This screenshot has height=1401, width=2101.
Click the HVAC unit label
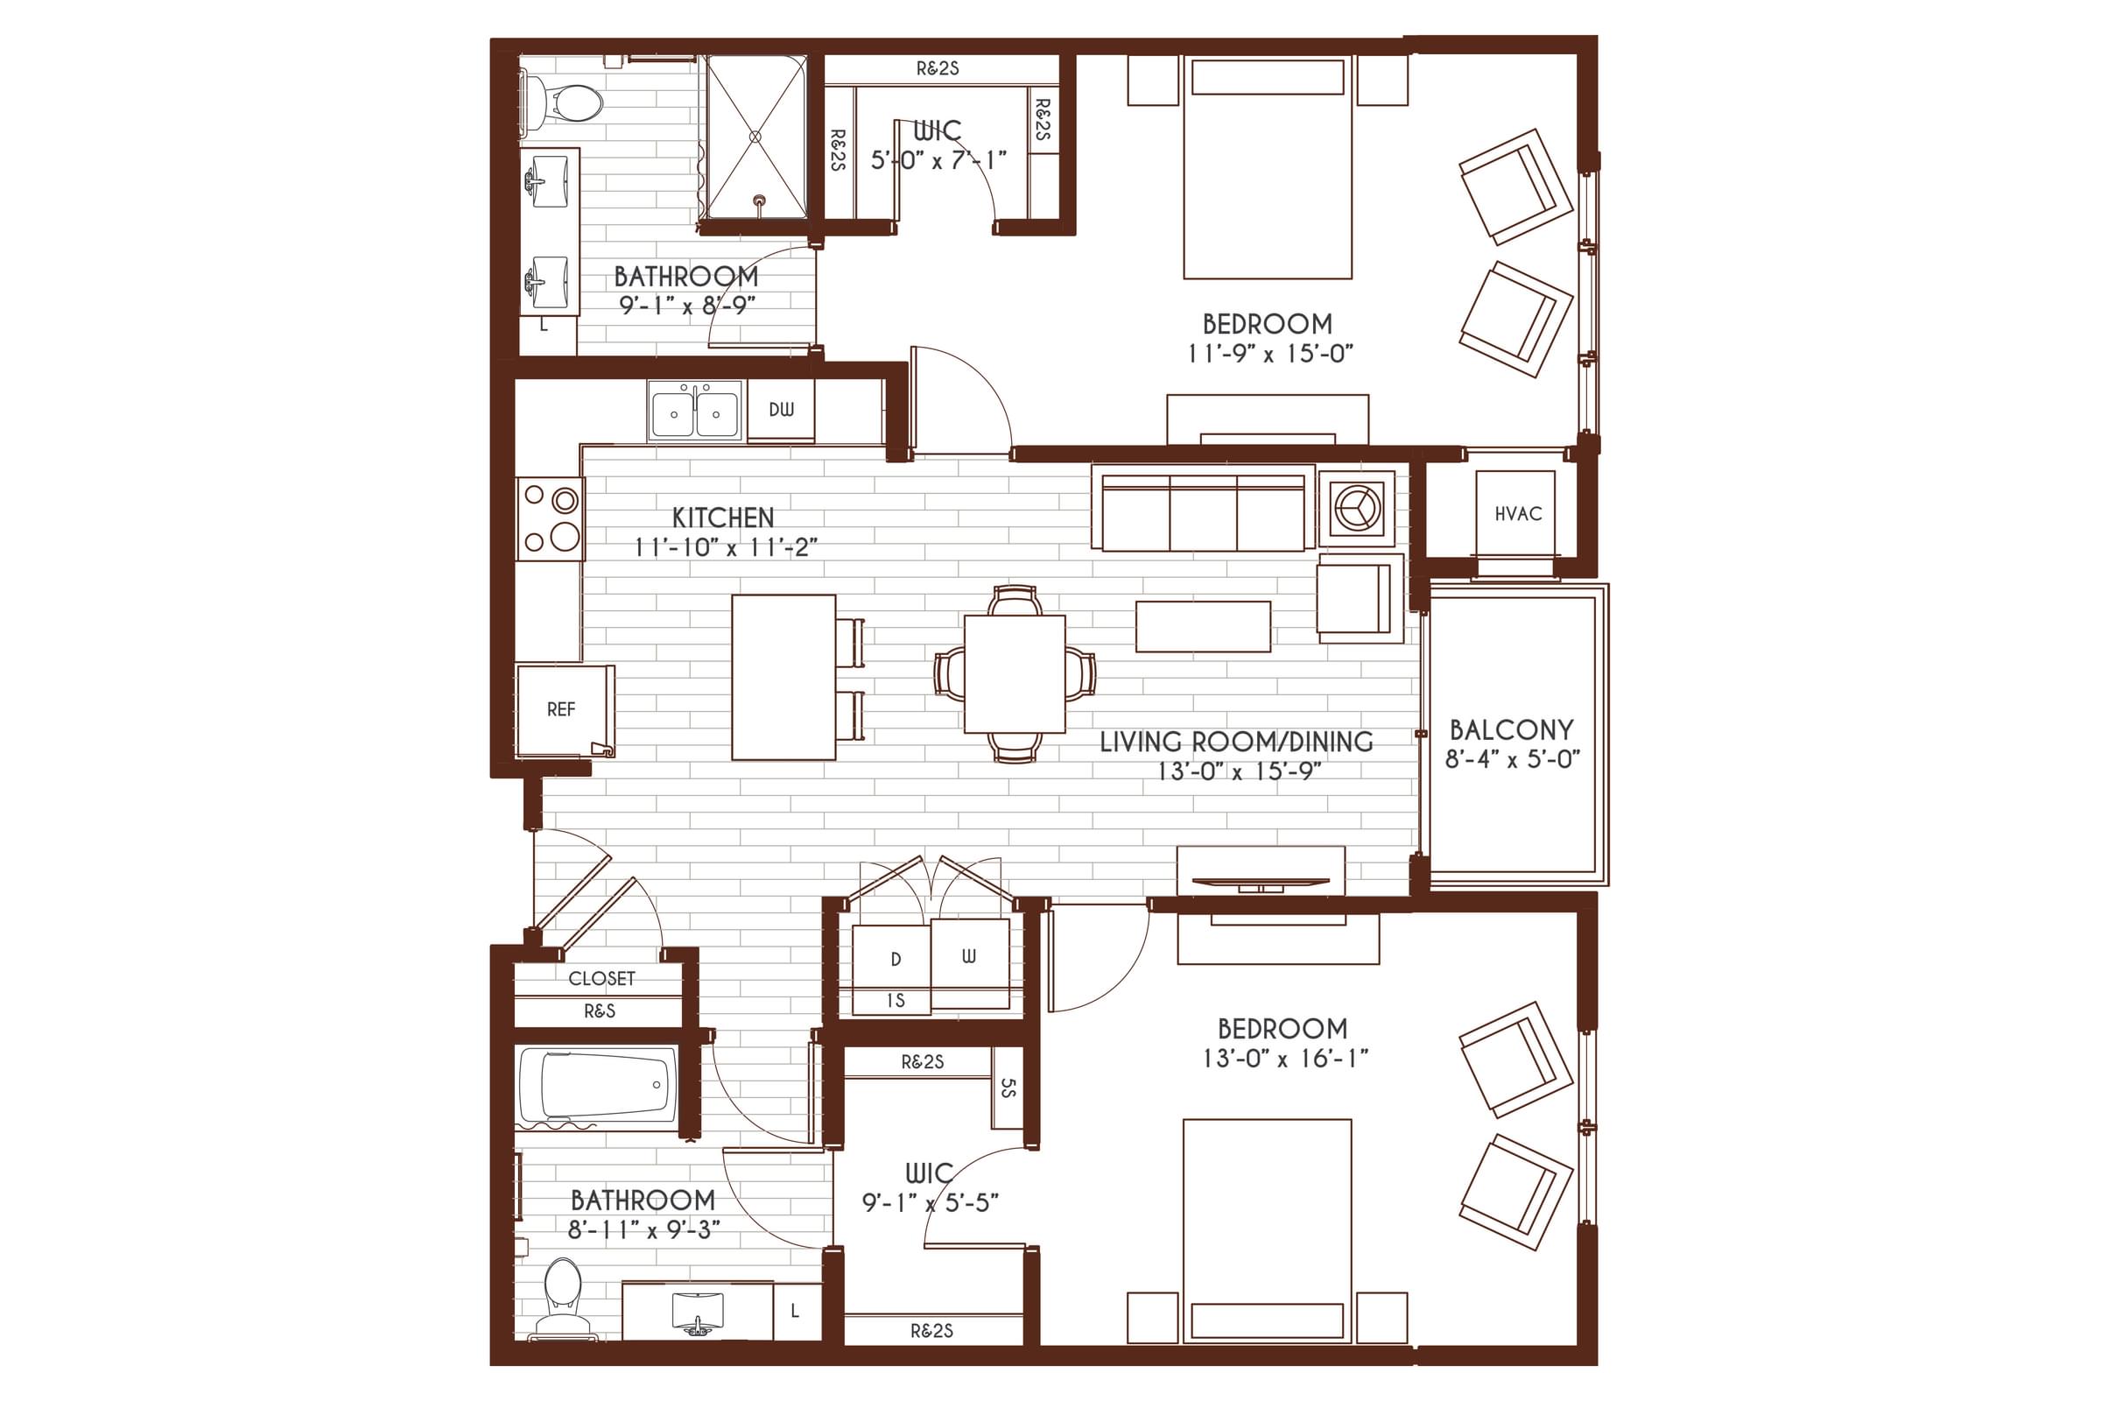(1518, 514)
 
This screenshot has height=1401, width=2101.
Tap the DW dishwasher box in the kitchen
(781, 410)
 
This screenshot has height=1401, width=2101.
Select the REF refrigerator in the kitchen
(561, 709)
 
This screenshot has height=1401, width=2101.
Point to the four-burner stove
(551, 518)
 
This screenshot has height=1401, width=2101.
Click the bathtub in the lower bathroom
(597, 1086)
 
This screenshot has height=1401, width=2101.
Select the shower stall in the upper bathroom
(755, 137)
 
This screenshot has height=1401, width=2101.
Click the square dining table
(1015, 673)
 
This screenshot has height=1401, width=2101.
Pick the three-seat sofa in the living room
(1202, 513)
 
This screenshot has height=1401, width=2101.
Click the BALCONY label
(1512, 730)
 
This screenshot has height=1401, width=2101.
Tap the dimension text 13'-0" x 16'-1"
(1284, 1059)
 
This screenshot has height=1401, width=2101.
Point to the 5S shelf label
(1008, 1088)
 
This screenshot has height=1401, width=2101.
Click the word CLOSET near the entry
(601, 978)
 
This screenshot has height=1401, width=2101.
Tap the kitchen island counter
(783, 677)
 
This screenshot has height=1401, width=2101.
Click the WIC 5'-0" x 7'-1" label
(938, 145)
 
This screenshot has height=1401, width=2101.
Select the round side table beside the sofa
(1356, 509)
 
